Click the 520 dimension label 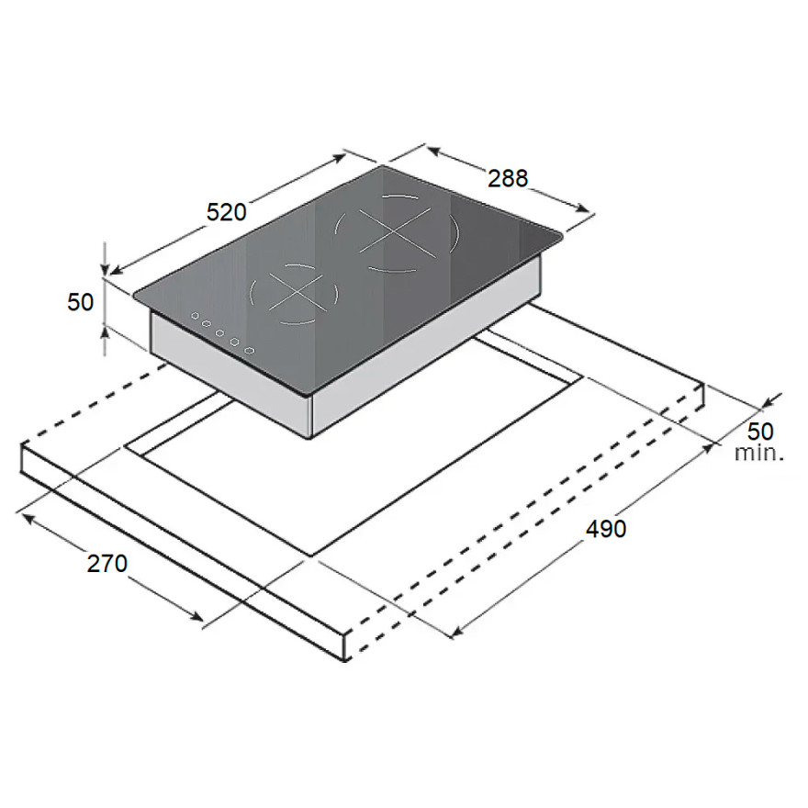coord(226,212)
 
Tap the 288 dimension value coord(508,178)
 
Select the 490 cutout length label coord(605,529)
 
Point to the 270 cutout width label coord(107,563)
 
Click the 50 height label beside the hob coord(81,302)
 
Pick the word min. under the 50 coord(759,453)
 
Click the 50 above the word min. coord(760,432)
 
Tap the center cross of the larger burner coord(395,232)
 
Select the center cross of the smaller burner coord(297,293)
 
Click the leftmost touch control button coord(196,316)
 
